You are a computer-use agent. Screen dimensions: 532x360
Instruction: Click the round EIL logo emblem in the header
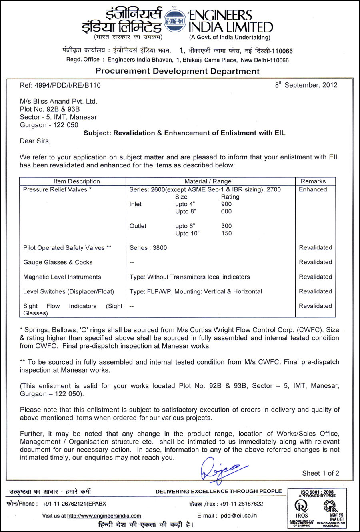click(176, 20)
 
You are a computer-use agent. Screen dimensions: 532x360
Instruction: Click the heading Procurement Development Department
click(177, 72)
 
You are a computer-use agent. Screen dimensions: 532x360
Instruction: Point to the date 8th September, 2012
click(306, 85)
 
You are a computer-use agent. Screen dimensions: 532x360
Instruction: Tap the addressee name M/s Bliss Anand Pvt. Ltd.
click(58, 101)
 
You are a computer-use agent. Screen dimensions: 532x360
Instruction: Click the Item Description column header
click(77, 181)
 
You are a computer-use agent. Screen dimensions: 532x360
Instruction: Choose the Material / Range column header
click(208, 181)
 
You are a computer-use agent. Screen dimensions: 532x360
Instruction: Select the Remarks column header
click(313, 181)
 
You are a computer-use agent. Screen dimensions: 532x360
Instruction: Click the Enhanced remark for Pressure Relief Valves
click(313, 189)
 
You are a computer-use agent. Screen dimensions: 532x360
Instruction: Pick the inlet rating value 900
click(226, 204)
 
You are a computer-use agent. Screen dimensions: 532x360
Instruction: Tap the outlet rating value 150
click(226, 233)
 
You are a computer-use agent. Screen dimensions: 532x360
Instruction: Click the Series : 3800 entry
click(148, 248)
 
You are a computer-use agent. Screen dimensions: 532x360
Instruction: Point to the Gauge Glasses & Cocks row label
click(58, 262)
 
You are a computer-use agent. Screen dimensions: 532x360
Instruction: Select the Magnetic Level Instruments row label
click(62, 277)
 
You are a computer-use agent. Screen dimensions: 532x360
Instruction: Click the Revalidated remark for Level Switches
click(315, 291)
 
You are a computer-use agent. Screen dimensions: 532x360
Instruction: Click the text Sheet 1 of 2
click(320, 473)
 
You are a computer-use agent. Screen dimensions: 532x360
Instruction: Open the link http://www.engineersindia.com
click(104, 516)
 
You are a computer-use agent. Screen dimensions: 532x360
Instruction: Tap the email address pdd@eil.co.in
click(239, 516)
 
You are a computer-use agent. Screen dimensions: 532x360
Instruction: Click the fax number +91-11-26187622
click(241, 504)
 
